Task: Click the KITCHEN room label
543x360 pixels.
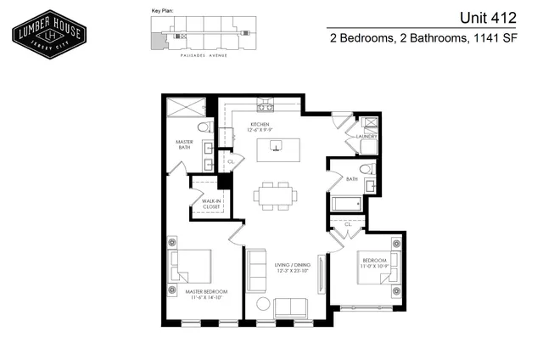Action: click(x=259, y=126)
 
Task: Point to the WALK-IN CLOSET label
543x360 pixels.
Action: click(x=204, y=202)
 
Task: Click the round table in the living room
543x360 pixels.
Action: click(x=263, y=305)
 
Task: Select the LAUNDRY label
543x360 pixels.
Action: click(x=367, y=136)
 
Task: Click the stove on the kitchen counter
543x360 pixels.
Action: click(x=266, y=107)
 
